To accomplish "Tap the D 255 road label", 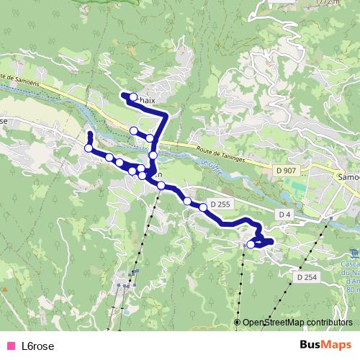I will pyautogui.click(x=219, y=204).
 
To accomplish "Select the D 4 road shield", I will pyautogui.click(x=284, y=215).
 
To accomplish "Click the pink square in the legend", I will pyautogui.click(x=11, y=346).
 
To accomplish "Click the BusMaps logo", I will pyautogui.click(x=326, y=345).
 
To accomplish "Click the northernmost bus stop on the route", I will pyautogui.click(x=133, y=96).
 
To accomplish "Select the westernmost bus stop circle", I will pyautogui.click(x=89, y=148).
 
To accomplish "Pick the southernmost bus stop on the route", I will pyautogui.click(x=251, y=245).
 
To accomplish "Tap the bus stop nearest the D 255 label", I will pyautogui.click(x=203, y=207).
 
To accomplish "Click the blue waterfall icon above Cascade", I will pyautogui.click(x=354, y=253).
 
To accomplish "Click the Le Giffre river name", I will pyautogui.click(x=210, y=168).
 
